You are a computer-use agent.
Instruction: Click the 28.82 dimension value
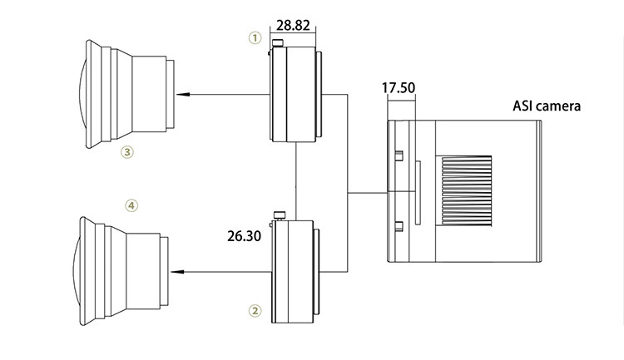click(293, 25)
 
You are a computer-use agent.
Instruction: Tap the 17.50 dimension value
click(399, 87)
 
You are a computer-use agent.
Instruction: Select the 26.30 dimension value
click(245, 236)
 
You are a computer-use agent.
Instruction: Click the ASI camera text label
click(547, 106)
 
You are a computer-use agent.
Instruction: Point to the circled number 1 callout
click(255, 38)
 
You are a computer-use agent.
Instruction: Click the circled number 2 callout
click(255, 311)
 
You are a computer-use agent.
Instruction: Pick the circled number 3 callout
click(127, 152)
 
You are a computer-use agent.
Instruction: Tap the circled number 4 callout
click(131, 205)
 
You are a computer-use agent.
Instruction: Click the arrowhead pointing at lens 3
click(182, 95)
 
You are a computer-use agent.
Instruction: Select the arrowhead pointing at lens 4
click(177, 272)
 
